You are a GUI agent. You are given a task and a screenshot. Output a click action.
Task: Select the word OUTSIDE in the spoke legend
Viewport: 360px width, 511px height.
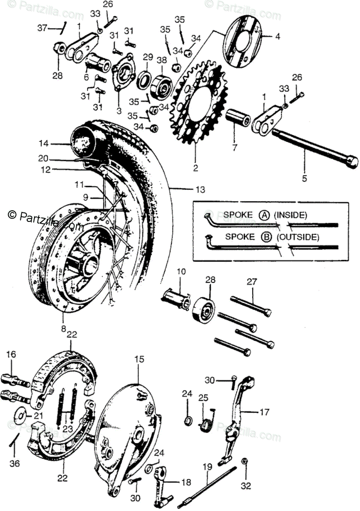pyautogui.click(x=297, y=237)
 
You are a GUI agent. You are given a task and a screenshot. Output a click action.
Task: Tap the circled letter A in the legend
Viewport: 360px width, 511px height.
pyautogui.click(x=264, y=215)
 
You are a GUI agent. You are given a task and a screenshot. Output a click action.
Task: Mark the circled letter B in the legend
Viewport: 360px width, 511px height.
pyautogui.click(x=267, y=237)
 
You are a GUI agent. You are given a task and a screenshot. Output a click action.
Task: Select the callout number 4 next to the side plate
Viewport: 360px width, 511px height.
pyautogui.click(x=277, y=37)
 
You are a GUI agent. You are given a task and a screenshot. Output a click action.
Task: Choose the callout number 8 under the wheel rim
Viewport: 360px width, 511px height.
pyautogui.click(x=63, y=329)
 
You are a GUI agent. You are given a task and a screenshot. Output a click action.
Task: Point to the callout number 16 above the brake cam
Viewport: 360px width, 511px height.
pyautogui.click(x=11, y=354)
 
